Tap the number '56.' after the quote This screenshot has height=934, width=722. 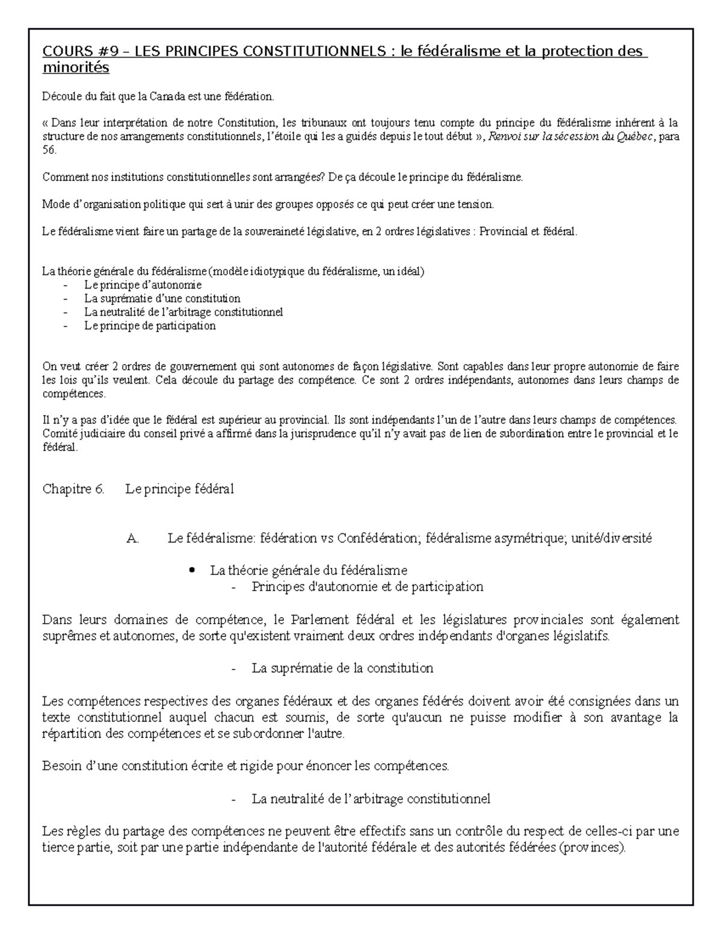tap(49, 150)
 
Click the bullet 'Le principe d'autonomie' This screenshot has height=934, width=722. tap(143, 285)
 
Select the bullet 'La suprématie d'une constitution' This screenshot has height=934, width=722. tap(162, 298)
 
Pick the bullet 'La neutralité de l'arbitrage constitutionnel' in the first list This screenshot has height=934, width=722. tap(183, 312)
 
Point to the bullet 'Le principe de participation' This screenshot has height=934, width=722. tap(149, 326)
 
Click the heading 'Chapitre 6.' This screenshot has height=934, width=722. tap(73, 489)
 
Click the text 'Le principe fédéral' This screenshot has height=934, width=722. tap(179, 489)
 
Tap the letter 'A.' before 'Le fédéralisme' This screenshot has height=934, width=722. tap(132, 539)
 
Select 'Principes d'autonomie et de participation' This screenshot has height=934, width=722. tap(367, 586)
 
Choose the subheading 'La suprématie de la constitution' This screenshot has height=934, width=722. tap(342, 668)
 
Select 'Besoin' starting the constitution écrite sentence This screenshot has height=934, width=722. tap(60, 766)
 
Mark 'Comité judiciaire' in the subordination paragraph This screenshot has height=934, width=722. tap(79, 434)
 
